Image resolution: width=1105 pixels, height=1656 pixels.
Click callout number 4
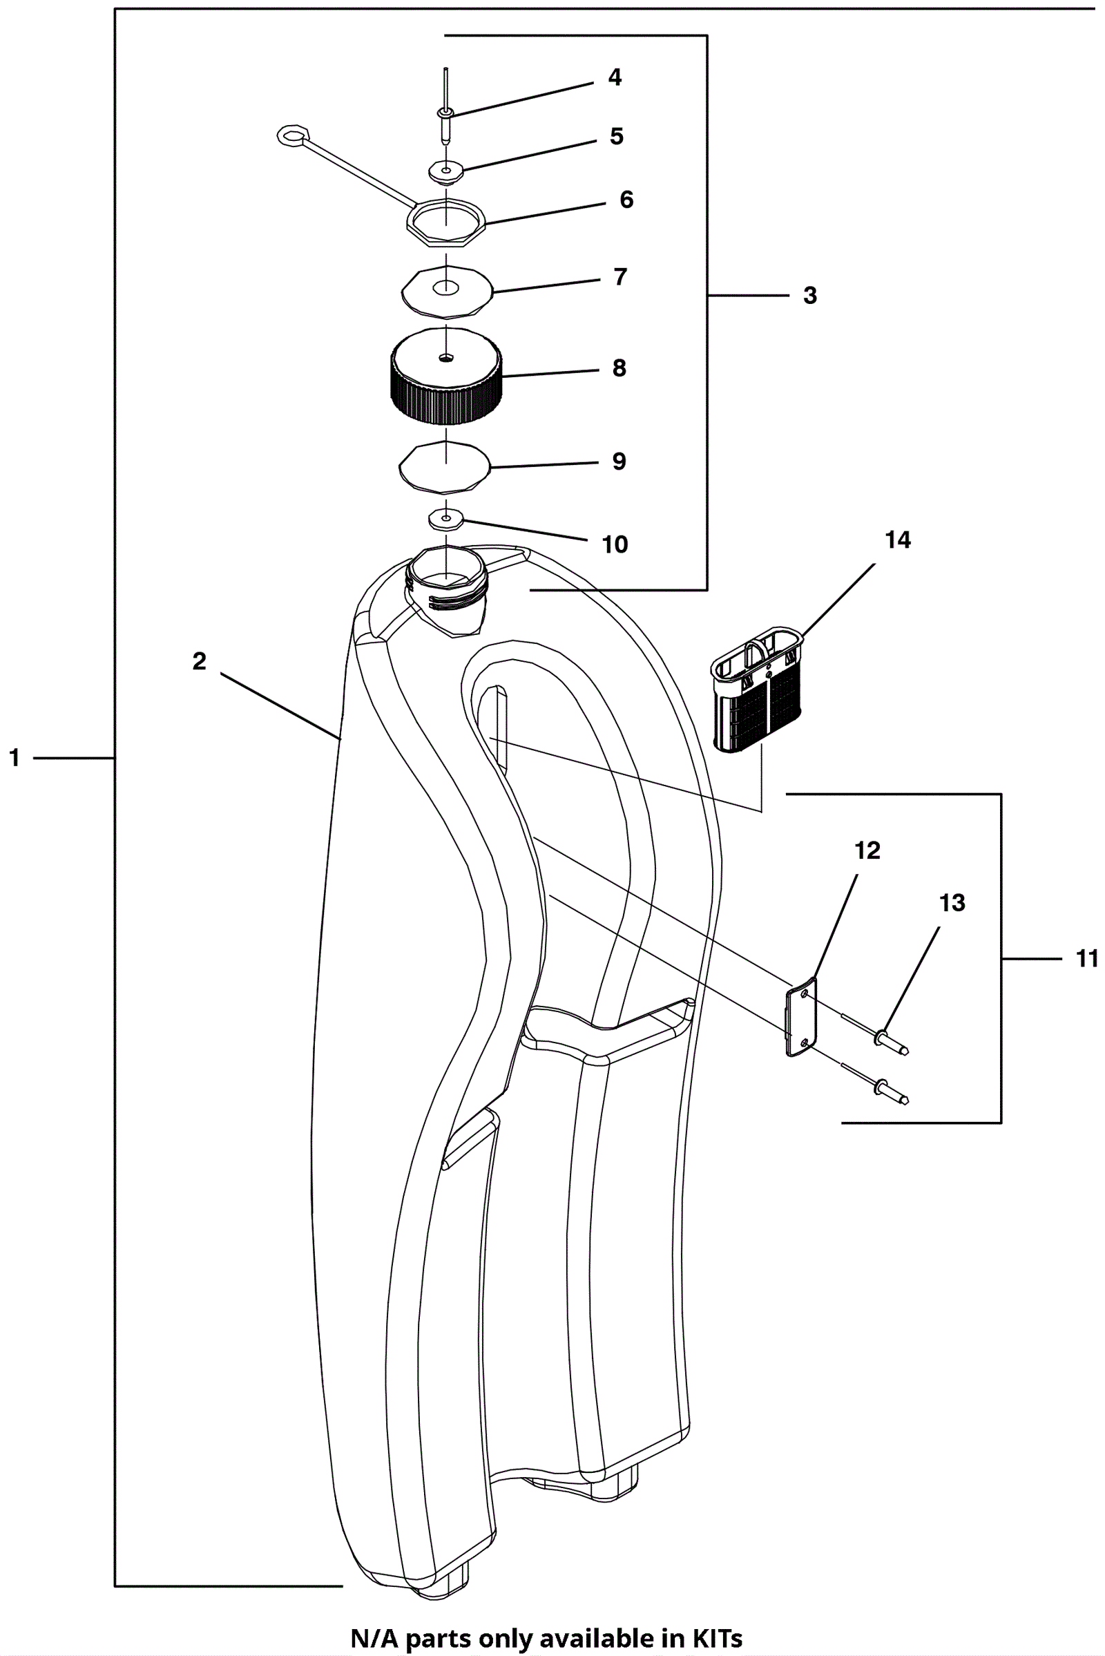[615, 77]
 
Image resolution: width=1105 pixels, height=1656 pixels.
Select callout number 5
[617, 136]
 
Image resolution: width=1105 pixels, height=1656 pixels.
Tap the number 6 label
[626, 200]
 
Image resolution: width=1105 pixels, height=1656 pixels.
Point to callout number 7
[620, 277]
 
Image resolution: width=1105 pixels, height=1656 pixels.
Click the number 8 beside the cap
[619, 368]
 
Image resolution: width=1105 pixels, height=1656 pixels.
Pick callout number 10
[615, 544]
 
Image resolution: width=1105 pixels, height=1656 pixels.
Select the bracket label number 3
[810, 296]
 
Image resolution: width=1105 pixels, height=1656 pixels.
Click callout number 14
[898, 540]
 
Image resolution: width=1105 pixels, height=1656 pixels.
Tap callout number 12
[867, 851]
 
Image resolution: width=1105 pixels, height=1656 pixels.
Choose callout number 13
[952, 903]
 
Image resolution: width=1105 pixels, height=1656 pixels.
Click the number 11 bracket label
[1087, 959]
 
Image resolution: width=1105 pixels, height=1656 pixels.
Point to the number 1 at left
[14, 758]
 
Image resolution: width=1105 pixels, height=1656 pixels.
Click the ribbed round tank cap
[446, 377]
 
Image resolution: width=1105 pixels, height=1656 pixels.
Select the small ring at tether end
[293, 135]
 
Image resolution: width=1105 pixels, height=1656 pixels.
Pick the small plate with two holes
[801, 1016]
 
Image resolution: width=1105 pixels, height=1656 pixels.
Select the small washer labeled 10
[446, 519]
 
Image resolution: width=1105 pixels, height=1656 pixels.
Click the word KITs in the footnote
[714, 1638]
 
